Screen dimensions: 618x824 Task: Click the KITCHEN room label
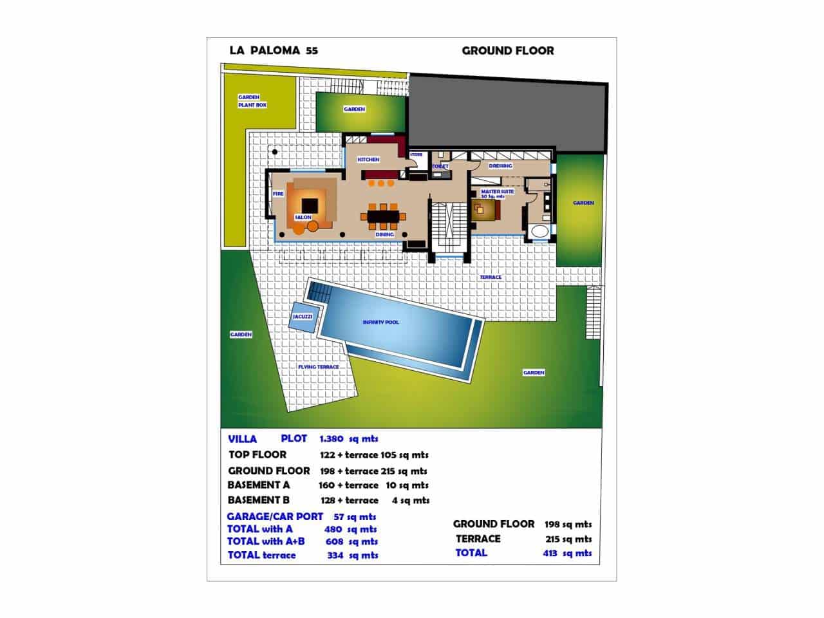tap(369, 159)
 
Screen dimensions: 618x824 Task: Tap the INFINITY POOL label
tap(380, 322)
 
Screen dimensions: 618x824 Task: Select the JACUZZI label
tap(302, 317)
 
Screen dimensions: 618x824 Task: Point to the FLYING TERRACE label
tap(318, 367)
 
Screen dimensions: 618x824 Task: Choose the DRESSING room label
tap(500, 165)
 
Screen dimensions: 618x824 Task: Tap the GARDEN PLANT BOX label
tap(252, 101)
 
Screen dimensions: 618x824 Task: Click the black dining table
tap(384, 216)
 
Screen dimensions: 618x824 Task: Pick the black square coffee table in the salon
tap(307, 201)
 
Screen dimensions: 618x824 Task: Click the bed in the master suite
tap(487, 209)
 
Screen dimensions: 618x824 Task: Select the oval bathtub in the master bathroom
tap(538, 232)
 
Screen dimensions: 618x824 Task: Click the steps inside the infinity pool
tap(318, 293)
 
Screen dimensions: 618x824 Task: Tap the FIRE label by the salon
tap(278, 193)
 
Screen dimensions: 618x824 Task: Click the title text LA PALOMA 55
tap(273, 51)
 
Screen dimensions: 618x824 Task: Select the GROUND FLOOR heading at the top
tap(507, 51)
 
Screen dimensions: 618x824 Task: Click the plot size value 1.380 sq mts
tap(348, 439)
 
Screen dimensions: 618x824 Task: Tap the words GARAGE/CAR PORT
tap(275, 516)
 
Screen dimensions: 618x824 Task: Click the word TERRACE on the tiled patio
tap(490, 277)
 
